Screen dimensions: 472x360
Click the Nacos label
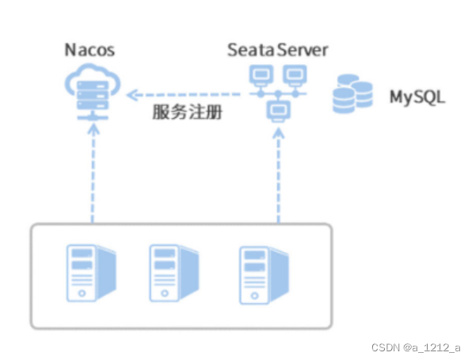pos(89,50)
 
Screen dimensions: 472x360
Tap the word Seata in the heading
pos(251,50)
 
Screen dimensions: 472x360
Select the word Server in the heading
pos(303,50)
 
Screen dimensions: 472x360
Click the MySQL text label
pos(417,97)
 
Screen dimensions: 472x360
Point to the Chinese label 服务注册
pos(187,112)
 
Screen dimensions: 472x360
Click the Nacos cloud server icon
pos(93,92)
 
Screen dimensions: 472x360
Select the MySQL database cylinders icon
pos(352,94)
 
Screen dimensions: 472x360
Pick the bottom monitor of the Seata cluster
pos(279,111)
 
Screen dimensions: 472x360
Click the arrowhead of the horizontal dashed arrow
pos(131,95)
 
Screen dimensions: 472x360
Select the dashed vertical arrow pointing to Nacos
pos(93,174)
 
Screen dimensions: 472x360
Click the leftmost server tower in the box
pos(91,273)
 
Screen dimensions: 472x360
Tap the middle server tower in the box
pos(174,273)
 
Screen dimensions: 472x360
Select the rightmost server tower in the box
pos(264,275)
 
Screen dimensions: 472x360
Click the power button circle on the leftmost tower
pos(82,294)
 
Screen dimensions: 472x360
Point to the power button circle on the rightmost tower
pos(254,296)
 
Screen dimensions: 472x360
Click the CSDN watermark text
pos(416,347)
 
